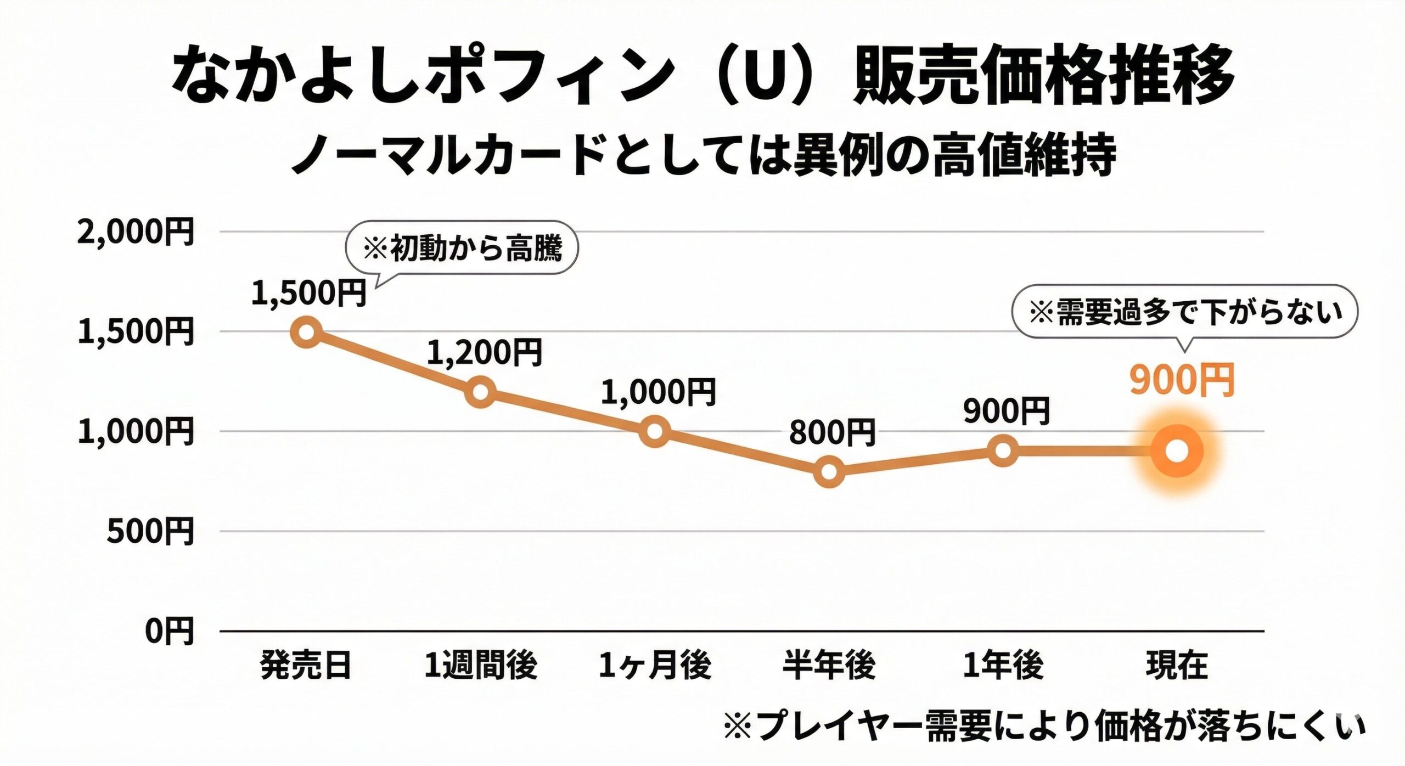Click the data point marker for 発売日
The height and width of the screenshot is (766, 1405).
pos(306,332)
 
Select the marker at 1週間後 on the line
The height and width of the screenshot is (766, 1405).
pos(480,392)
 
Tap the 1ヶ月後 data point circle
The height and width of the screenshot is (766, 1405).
pos(655,431)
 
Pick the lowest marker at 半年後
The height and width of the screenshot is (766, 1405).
pos(829,471)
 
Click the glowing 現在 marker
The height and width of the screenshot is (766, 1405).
pos(1177,451)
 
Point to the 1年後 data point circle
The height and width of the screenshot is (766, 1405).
pos(1003,451)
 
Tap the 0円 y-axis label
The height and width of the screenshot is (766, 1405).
pos(169,632)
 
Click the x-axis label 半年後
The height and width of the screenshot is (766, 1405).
pos(829,666)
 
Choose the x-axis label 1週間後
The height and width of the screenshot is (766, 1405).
pos(480,666)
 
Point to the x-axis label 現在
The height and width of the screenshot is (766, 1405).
pos(1177,666)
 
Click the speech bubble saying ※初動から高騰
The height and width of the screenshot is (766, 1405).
pos(462,248)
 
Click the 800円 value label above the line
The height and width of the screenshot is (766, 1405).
pos(831,433)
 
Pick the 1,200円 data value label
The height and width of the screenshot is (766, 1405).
pos(484,353)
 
